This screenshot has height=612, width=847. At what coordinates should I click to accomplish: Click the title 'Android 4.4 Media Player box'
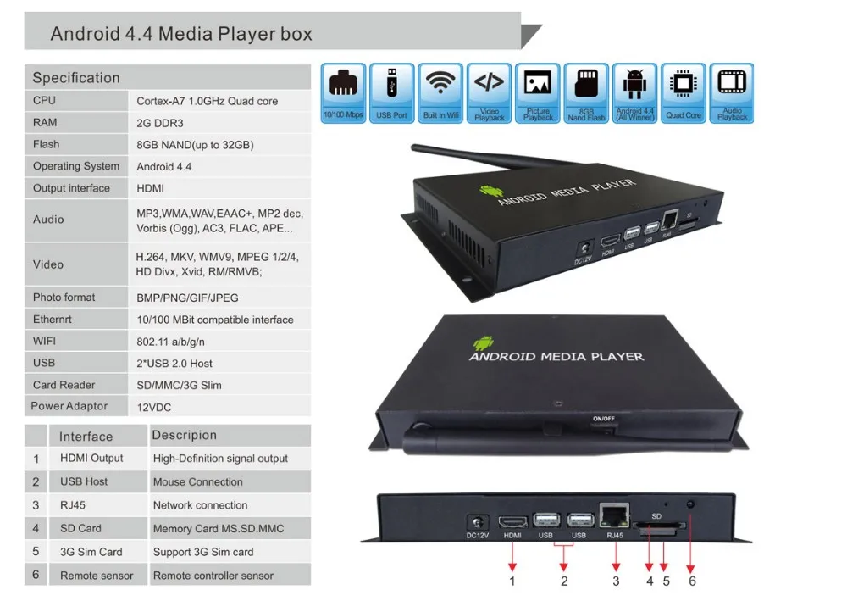point(181,34)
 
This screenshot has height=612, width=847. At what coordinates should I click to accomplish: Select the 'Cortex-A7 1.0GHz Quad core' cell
point(207,101)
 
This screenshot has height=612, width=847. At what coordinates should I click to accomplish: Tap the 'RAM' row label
point(45,122)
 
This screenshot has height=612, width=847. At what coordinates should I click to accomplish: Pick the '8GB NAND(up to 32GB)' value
point(195,145)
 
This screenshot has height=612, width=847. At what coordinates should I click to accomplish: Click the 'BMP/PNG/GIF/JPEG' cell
point(187,298)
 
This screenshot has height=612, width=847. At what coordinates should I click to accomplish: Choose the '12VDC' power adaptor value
point(154,407)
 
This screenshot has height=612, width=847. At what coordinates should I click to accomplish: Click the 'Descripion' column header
point(184,436)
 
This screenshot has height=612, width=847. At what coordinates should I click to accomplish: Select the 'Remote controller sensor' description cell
point(213,576)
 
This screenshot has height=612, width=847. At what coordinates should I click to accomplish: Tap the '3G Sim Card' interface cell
point(91,552)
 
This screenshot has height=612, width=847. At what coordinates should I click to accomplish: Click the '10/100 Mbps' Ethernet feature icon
point(343,93)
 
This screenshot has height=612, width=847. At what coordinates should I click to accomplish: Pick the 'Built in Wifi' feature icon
point(440,93)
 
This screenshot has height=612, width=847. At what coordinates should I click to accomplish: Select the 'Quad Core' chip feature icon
point(683,93)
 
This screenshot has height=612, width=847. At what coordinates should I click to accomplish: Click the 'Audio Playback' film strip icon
point(732,93)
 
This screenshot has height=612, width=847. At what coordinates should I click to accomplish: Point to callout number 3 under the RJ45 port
point(616,581)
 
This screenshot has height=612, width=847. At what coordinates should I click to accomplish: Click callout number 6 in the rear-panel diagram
point(692,581)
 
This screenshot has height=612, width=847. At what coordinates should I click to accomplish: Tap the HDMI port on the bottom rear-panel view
point(511,522)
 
